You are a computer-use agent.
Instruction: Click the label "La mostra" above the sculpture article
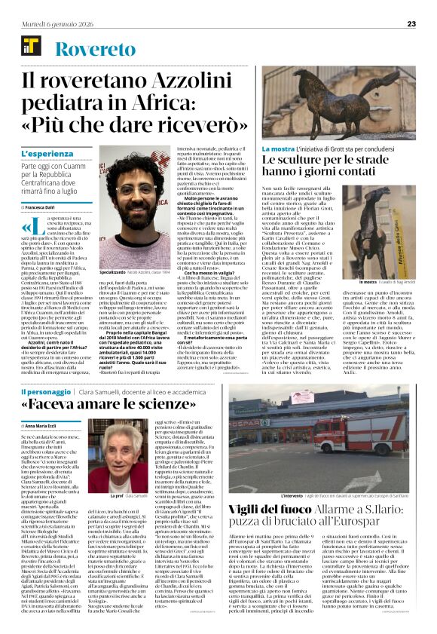277,149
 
